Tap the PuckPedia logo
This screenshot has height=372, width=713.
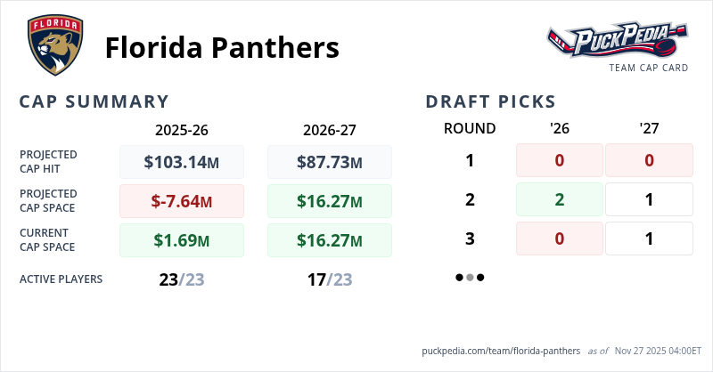coord(617,41)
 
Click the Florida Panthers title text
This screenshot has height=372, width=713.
coord(222,47)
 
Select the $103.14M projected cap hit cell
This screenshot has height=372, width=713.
coord(182,162)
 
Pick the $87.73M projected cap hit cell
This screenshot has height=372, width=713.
coord(330,162)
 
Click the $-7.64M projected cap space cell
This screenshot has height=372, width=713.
coord(182,201)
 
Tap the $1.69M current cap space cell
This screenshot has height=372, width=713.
coord(182,240)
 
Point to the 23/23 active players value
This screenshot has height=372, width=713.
coord(182,279)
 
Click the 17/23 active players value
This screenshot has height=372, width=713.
coord(330,279)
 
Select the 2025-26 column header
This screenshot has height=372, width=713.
coord(182,129)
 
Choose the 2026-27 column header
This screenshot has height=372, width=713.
coord(330,129)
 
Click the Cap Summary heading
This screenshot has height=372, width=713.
coord(94,101)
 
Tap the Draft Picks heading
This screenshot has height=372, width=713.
coord(491,101)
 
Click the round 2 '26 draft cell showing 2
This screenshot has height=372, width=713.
coord(560,199)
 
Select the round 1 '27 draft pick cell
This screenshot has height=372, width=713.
coord(649,160)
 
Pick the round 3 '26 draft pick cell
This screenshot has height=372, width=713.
coord(560,239)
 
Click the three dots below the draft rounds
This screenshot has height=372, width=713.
coord(470,278)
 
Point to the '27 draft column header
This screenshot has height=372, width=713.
coord(649,128)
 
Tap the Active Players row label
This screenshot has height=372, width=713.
coord(61,279)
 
